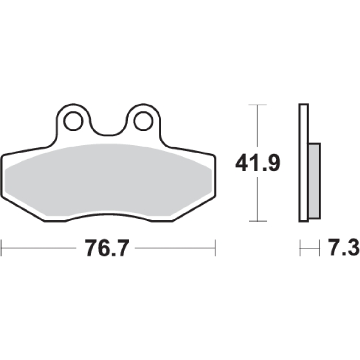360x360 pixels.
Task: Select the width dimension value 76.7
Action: [107, 248]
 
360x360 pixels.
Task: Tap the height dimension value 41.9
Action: [258, 163]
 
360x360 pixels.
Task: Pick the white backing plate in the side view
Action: [303, 163]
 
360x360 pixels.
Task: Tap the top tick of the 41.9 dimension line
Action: [257, 105]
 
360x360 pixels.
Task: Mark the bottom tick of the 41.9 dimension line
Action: [258, 221]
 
